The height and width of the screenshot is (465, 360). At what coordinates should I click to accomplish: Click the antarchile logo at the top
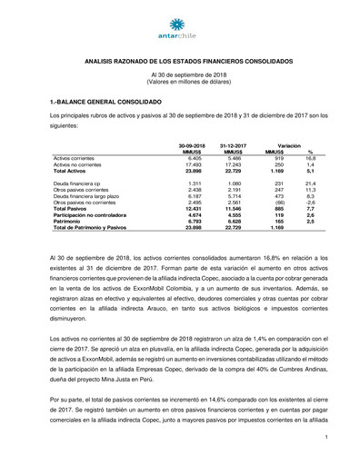[179, 25]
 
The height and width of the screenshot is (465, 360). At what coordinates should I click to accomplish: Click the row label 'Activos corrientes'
[77, 157]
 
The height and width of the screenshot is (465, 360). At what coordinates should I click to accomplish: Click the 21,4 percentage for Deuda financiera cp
[309, 183]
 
